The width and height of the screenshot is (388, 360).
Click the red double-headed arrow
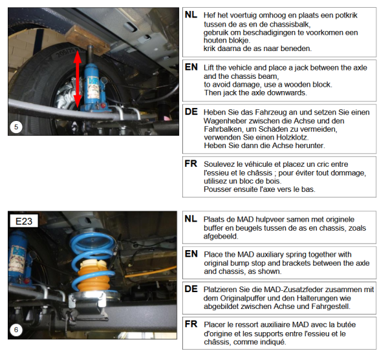point(78,79)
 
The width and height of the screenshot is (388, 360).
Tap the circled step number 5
point(16,127)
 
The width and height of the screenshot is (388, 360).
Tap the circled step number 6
point(16,330)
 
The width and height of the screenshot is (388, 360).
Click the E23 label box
point(24,221)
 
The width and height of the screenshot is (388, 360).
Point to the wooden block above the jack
point(87,39)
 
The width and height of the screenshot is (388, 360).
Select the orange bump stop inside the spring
point(94,275)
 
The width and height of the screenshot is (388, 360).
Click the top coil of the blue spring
point(92,240)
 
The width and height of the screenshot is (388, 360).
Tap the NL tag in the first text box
point(191,15)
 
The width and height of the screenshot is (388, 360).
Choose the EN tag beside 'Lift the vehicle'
point(191,67)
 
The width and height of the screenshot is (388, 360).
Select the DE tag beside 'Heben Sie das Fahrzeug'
point(191,112)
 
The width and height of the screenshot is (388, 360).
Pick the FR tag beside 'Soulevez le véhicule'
point(191,164)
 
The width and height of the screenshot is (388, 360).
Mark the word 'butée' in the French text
point(347,324)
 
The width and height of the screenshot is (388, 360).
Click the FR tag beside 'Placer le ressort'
point(191,324)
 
